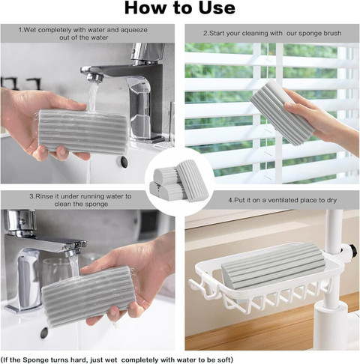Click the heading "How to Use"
[x=180, y=8]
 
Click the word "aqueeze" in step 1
[x=134, y=30]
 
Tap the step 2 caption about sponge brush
[x=272, y=33]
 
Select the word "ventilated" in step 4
[x=286, y=200]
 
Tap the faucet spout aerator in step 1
[x=95, y=77]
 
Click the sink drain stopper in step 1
[x=123, y=162]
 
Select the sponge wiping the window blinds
[x=283, y=112]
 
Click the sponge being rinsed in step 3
[x=88, y=295]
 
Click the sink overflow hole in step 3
[x=44, y=333]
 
